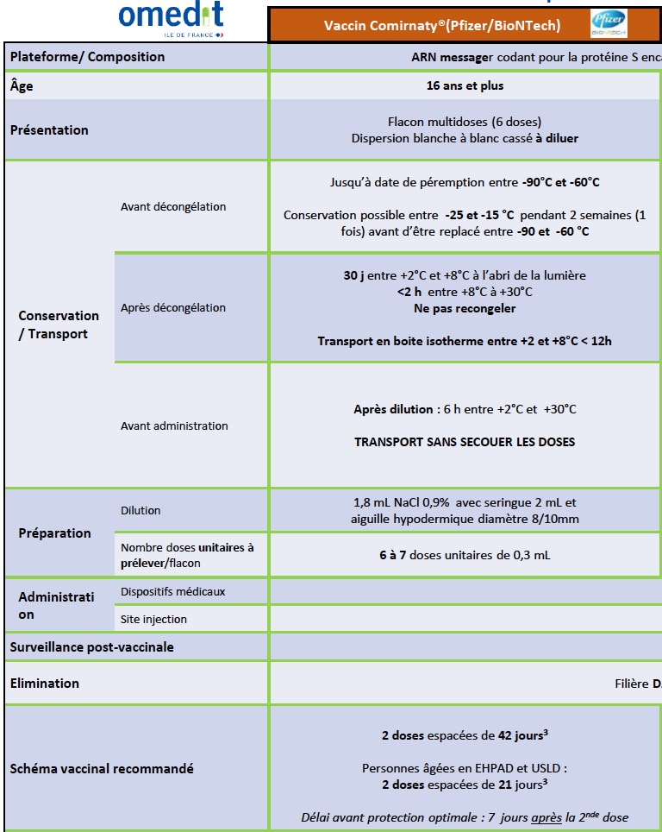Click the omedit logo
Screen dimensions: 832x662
[x=171, y=19]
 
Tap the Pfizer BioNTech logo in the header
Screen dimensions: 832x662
[x=609, y=24]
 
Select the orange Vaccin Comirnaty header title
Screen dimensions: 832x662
[x=441, y=26]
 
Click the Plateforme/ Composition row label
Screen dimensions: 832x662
[x=87, y=57]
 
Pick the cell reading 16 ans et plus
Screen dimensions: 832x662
[x=465, y=85]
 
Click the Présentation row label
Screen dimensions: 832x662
[x=49, y=130]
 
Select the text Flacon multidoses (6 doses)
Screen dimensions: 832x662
[x=465, y=122]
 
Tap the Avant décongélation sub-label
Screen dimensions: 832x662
[x=173, y=207]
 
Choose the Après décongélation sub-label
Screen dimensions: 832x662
[x=173, y=307]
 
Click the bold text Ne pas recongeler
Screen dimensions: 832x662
[x=465, y=308]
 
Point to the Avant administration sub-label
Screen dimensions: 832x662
[x=174, y=425]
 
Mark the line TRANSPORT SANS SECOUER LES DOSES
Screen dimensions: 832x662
[x=465, y=442]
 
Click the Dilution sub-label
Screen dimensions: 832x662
[x=141, y=510]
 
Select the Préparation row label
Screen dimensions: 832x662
[x=54, y=533]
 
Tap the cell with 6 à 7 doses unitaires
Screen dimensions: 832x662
[x=465, y=555]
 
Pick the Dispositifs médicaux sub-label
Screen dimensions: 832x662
[x=173, y=592]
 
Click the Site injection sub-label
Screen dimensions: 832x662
[x=153, y=619]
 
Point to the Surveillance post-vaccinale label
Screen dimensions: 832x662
[x=91, y=646]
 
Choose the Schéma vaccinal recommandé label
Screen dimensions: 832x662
[x=102, y=768]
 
